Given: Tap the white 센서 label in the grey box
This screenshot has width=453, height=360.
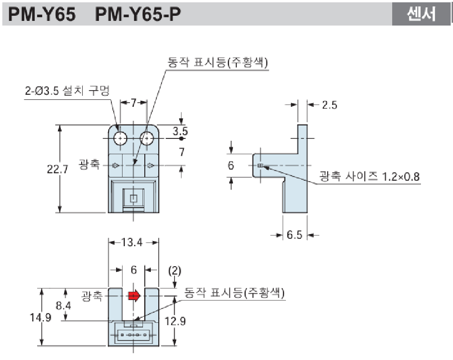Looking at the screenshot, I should click(x=421, y=14).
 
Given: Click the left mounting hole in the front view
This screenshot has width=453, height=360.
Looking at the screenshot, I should click(x=121, y=138).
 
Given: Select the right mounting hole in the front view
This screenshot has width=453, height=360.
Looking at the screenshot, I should click(x=147, y=138).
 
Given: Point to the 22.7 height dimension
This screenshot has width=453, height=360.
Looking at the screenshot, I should click(x=58, y=170).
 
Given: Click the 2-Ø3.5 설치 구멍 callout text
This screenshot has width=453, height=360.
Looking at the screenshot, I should click(x=66, y=91).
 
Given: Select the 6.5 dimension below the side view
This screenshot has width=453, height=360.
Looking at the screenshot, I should click(x=294, y=235).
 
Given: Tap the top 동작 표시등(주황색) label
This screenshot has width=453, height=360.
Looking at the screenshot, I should click(x=218, y=63).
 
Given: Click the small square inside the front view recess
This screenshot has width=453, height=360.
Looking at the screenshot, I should click(x=134, y=198).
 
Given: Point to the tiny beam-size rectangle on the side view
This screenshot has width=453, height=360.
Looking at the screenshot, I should click(x=260, y=165).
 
